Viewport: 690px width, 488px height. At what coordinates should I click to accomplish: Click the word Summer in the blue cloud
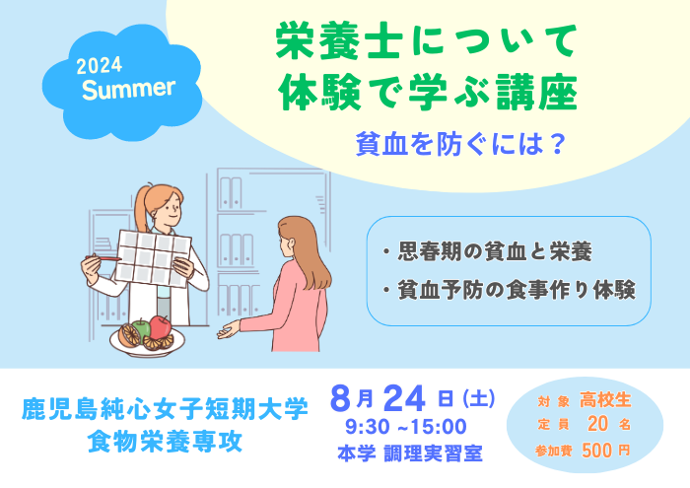coord(128,89)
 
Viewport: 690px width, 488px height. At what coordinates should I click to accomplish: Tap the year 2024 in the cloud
coord(99,66)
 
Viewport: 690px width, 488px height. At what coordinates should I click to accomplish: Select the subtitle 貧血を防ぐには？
coord(460,144)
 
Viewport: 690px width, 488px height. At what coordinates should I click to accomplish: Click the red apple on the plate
coord(161,327)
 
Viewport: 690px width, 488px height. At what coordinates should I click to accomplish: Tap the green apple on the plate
coord(141,329)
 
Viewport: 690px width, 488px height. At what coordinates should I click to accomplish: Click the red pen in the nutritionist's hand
coord(103,258)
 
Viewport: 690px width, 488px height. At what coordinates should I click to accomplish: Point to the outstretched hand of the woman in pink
coord(229,330)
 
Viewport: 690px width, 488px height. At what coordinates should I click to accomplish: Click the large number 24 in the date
coord(404,398)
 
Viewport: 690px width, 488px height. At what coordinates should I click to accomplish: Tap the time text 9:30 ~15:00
coord(406,427)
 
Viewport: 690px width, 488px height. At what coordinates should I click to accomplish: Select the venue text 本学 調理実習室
coord(410,453)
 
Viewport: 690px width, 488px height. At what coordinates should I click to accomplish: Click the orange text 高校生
coord(605,400)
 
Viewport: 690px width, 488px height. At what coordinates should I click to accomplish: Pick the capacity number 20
coord(597,424)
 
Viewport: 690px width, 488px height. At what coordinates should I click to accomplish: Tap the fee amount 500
coord(596,451)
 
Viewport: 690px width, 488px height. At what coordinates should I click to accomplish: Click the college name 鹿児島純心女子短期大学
coord(165,409)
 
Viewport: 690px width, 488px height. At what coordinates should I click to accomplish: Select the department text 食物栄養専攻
coord(165,442)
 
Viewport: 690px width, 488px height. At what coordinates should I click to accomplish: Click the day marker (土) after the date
coord(479,398)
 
